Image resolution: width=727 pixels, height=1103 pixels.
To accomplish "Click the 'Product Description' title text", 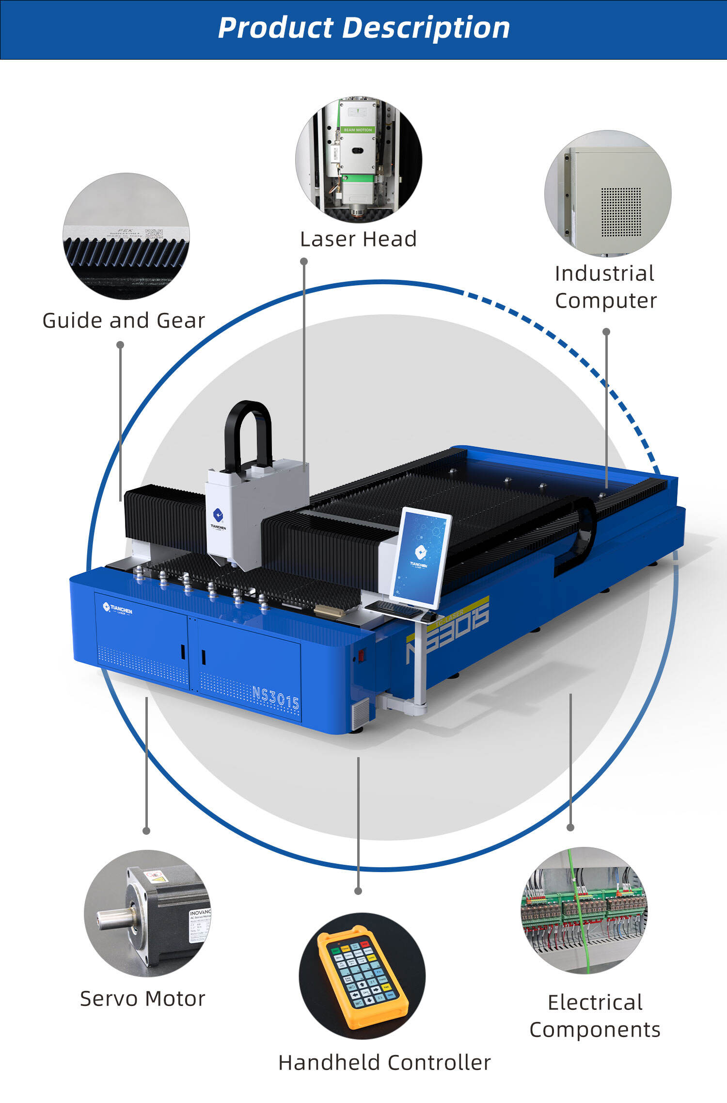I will pyautogui.click(x=363, y=28).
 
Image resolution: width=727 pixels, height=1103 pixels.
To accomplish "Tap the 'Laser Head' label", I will pyautogui.click(x=358, y=239).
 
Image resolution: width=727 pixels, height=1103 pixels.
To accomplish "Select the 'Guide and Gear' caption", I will pyautogui.click(x=124, y=321).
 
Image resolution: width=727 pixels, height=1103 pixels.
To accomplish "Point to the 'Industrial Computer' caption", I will pyautogui.click(x=605, y=287).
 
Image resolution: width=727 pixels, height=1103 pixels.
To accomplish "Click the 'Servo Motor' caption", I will pyautogui.click(x=142, y=999).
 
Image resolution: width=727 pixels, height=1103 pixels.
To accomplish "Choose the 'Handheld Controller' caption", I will pyautogui.click(x=384, y=1063).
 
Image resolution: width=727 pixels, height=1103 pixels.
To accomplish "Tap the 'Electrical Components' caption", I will pyautogui.click(x=595, y=1016).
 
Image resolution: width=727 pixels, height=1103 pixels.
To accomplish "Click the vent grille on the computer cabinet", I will pyautogui.click(x=621, y=212).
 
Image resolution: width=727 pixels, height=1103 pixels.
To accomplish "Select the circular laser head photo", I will pyautogui.click(x=358, y=160).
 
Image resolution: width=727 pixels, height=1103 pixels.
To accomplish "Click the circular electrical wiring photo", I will pyautogui.click(x=585, y=910).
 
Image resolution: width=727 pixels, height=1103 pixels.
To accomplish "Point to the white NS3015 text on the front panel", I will pyautogui.click(x=275, y=697).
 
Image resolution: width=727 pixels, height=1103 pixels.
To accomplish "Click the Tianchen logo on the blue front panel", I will pyautogui.click(x=117, y=608).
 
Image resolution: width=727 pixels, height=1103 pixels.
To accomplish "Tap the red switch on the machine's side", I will pyautogui.click(x=361, y=656).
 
